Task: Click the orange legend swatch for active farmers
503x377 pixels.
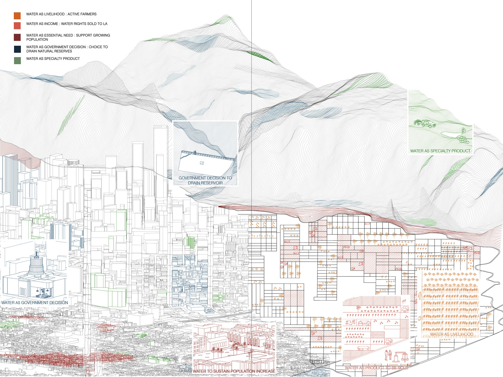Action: coord(17,16)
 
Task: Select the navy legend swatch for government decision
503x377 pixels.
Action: coord(17,49)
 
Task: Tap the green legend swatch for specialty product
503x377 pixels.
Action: coord(17,60)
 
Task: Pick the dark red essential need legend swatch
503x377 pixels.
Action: coord(17,37)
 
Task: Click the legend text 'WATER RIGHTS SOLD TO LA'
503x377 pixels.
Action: coord(84,24)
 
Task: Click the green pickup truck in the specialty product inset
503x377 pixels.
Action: coord(428,124)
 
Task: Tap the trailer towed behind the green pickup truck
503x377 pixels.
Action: coord(417,122)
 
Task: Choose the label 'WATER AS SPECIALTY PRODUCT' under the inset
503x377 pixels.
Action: coord(440,151)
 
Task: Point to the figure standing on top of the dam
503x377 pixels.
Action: coord(194,152)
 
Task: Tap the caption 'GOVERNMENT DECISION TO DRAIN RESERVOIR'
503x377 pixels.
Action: coord(205,180)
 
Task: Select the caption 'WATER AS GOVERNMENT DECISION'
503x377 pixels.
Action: coord(35,303)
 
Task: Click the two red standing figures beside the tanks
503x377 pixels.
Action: coord(388,355)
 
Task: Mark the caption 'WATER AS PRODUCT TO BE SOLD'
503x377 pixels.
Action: coord(376,368)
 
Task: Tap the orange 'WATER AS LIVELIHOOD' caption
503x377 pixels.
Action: coord(452,334)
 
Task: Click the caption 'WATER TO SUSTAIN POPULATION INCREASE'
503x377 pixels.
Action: coord(234,371)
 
